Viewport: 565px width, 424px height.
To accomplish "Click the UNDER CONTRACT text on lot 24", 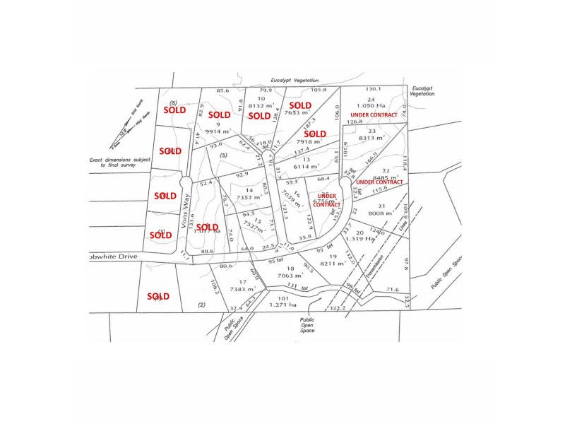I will (374, 114).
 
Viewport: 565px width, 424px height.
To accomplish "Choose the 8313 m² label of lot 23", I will (374, 139).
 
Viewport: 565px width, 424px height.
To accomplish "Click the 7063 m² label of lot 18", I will (291, 277).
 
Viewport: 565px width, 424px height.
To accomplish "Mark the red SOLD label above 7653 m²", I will (300, 105).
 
